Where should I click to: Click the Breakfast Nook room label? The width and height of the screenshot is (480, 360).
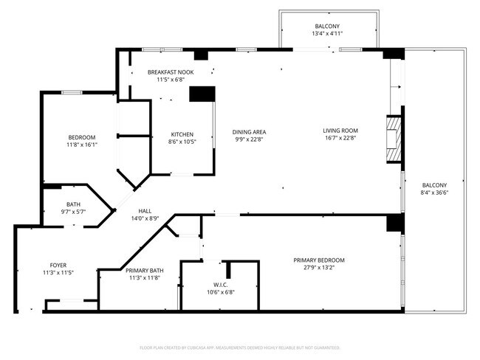coord(171,72)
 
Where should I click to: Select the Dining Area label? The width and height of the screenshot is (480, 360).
coord(249,131)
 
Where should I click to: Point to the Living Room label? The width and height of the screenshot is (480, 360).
coord(339,131)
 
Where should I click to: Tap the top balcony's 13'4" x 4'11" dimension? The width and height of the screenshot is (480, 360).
coord(326,33)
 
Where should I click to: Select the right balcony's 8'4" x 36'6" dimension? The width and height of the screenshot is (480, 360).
coord(434,193)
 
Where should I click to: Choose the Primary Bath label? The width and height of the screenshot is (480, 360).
coord(145,271)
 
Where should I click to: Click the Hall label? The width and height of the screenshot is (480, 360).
coord(144,211)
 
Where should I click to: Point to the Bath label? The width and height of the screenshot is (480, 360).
coord(73,204)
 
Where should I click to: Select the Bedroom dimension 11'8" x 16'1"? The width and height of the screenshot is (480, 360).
coord(81,145)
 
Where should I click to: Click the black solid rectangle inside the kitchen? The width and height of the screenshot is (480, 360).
coord(202,94)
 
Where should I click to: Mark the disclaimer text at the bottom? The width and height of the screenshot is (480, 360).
coord(239,347)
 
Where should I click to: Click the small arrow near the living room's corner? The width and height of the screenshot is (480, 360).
coord(400,87)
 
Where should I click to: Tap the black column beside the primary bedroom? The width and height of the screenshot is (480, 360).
coord(395,223)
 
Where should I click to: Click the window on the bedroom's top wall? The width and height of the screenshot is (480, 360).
coord(72,92)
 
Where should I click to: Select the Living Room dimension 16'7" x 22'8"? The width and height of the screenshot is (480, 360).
coord(339,139)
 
